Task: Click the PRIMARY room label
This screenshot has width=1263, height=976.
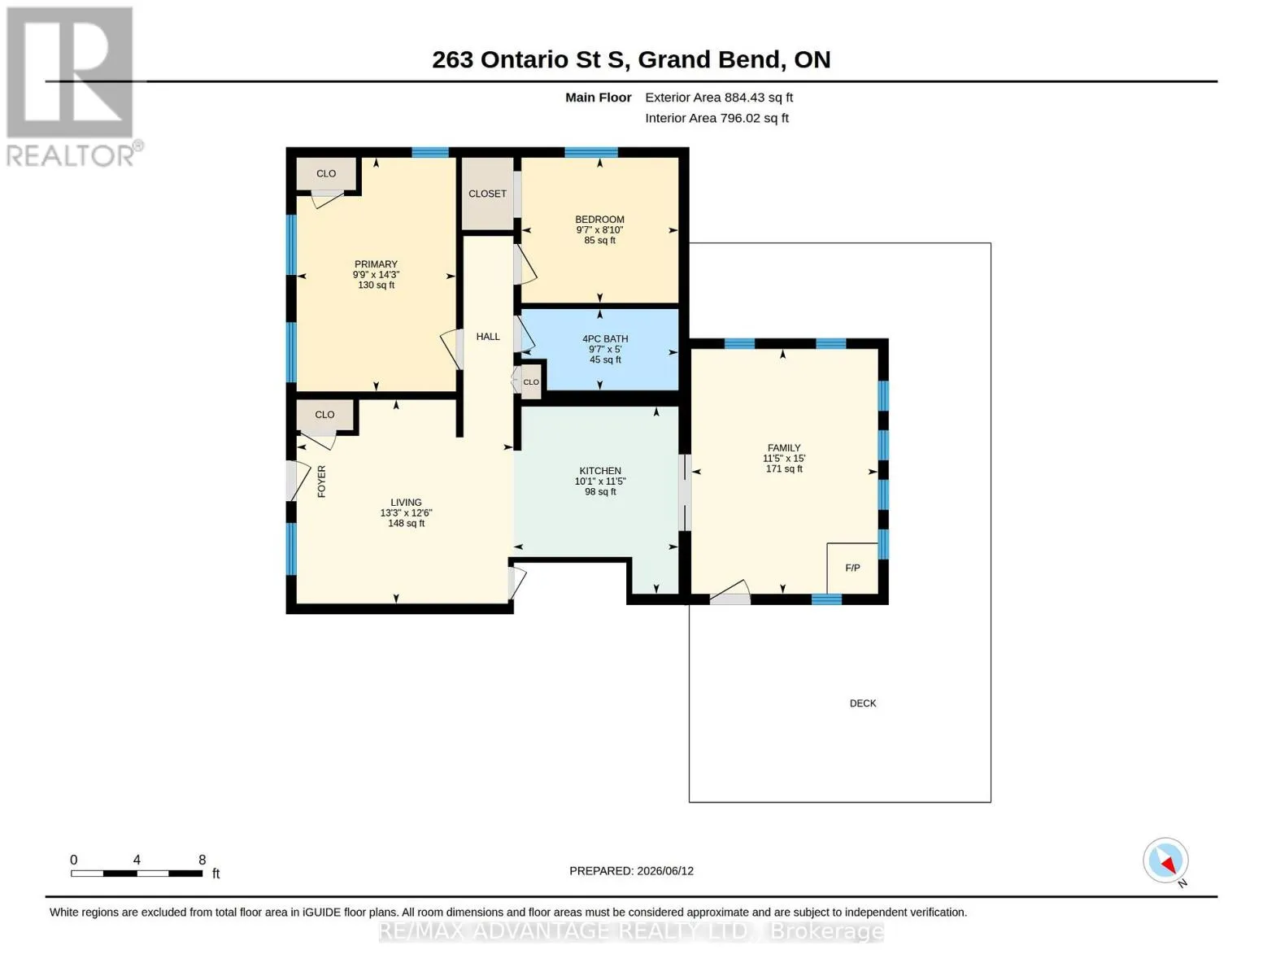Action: pos(376,264)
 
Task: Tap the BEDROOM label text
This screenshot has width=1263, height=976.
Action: pos(599,219)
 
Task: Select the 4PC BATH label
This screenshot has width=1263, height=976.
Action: pos(605,338)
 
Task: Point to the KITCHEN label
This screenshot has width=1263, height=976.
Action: pos(600,470)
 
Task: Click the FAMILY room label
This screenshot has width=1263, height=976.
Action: pos(783,447)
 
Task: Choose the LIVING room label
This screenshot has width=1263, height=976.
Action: pos(406,503)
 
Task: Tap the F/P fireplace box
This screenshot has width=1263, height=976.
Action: pos(852,568)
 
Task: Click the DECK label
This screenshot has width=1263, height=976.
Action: pos(863,704)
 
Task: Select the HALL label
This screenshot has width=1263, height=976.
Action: pos(488,337)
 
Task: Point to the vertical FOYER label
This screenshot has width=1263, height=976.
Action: pos(321,481)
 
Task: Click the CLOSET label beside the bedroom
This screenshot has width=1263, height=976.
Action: pos(487,194)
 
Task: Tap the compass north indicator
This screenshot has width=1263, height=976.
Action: pos(1165,861)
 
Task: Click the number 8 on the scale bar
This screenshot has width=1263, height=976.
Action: pos(203,860)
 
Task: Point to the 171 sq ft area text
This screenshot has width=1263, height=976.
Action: pos(783,468)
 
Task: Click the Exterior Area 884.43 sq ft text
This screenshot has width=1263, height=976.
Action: pos(718,98)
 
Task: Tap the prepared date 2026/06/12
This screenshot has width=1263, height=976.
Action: pos(665,871)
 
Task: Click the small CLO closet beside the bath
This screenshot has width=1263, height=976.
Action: pos(531,382)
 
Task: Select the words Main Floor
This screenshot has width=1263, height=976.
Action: pos(598,98)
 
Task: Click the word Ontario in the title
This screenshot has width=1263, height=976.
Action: pos(525,59)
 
